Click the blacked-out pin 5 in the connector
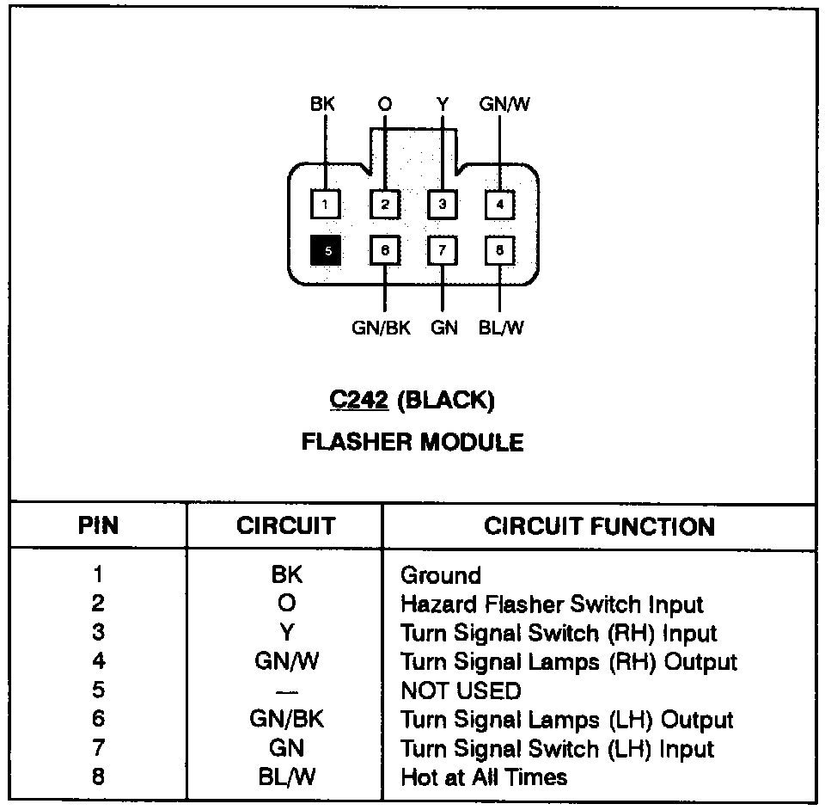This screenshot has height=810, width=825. [327, 250]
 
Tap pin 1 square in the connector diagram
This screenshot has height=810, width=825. [325, 204]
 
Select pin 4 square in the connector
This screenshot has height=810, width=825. [499, 204]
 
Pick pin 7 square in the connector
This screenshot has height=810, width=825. [442, 250]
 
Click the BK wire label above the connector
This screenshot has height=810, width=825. [322, 105]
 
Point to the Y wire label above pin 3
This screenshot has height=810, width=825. [442, 105]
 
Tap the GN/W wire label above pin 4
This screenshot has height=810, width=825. [504, 105]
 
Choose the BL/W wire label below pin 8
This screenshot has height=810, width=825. [501, 328]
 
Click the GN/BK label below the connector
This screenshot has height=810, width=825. [382, 328]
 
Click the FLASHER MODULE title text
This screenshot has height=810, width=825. [412, 442]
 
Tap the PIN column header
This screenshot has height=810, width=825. [98, 526]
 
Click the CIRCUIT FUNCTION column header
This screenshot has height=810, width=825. [599, 526]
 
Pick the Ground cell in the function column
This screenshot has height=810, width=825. [441, 575]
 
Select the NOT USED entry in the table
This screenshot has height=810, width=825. [461, 690]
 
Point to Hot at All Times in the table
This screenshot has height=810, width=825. [484, 777]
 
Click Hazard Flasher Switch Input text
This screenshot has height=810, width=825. [552, 604]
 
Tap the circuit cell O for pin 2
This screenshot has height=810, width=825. [286, 604]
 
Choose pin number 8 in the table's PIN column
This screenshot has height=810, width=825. [98, 777]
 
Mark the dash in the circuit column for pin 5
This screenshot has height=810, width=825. [286, 690]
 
